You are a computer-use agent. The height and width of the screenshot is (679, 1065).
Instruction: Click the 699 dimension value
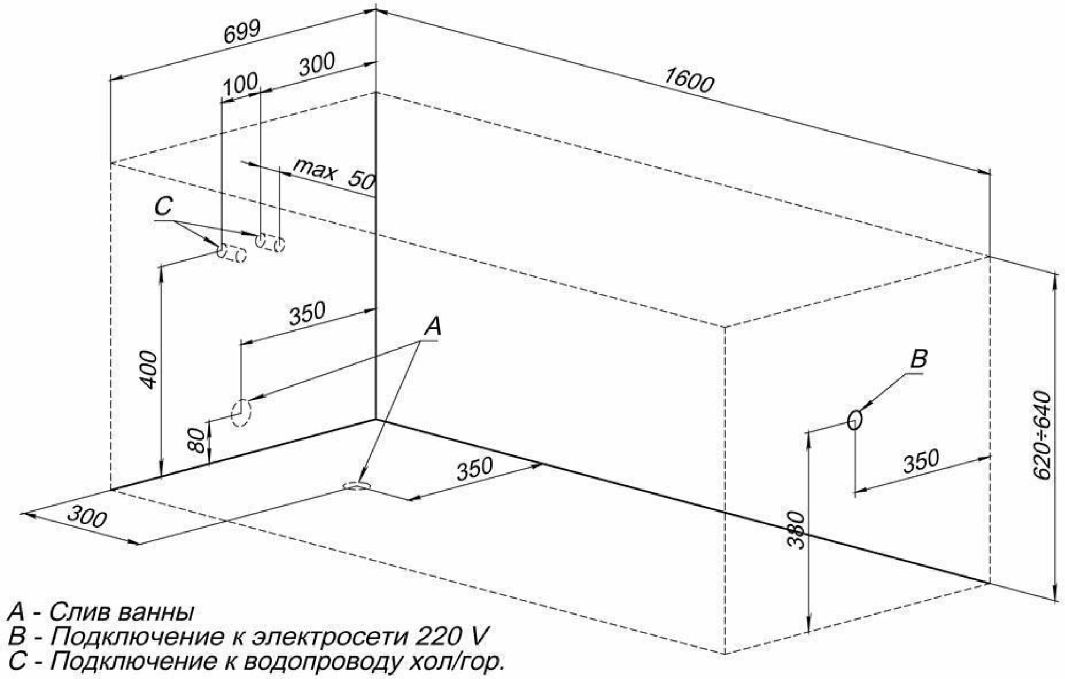point(241,32)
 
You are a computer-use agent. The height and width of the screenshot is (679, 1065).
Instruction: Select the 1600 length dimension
point(688,81)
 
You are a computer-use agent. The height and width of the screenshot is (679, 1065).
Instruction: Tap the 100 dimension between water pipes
point(240,83)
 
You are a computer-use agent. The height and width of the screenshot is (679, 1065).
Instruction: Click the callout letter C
point(164,207)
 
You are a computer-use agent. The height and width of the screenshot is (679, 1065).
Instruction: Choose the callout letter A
point(433,326)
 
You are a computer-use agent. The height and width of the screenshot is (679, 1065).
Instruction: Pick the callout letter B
point(918,359)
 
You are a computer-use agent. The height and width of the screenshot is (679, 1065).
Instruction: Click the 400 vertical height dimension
point(150,369)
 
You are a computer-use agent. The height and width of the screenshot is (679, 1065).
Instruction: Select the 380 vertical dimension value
point(796,530)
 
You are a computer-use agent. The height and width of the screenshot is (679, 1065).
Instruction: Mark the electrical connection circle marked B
point(855,420)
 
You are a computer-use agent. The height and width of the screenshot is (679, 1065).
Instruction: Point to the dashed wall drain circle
point(241,412)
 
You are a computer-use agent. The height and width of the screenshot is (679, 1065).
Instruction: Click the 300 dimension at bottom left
point(87,517)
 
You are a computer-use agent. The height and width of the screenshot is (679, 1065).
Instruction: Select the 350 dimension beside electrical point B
point(920,461)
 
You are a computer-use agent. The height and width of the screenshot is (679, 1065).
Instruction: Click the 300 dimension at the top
point(317,64)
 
